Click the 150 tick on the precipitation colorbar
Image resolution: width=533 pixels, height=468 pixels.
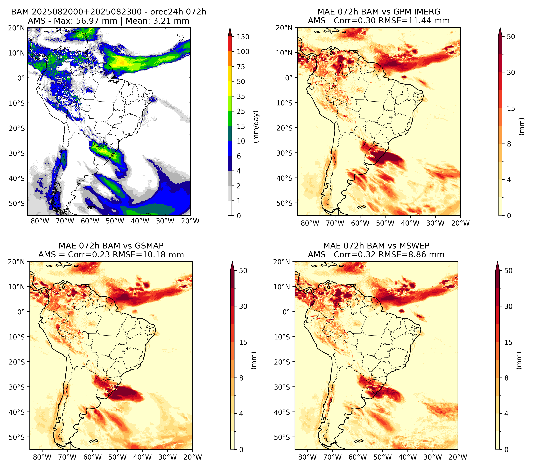click(x=243, y=37)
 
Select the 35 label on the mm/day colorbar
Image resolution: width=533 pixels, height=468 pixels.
click(x=241, y=96)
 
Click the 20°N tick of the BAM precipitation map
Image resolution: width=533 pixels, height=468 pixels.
click(x=16, y=28)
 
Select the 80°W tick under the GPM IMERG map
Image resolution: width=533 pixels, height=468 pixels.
click(x=310, y=223)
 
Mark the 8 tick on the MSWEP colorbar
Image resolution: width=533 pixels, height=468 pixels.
click(x=506, y=378)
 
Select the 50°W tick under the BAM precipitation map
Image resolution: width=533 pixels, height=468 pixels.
click(x=115, y=221)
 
